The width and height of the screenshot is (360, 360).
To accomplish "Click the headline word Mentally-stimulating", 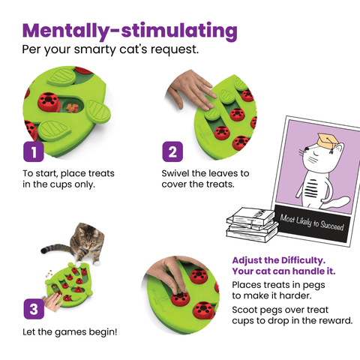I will [x=130, y=31].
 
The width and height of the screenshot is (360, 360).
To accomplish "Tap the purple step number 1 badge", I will [x=33, y=152].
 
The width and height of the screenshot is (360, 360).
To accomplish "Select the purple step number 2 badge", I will [x=172, y=152].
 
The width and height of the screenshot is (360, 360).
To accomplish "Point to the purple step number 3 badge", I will [x=33, y=307].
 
